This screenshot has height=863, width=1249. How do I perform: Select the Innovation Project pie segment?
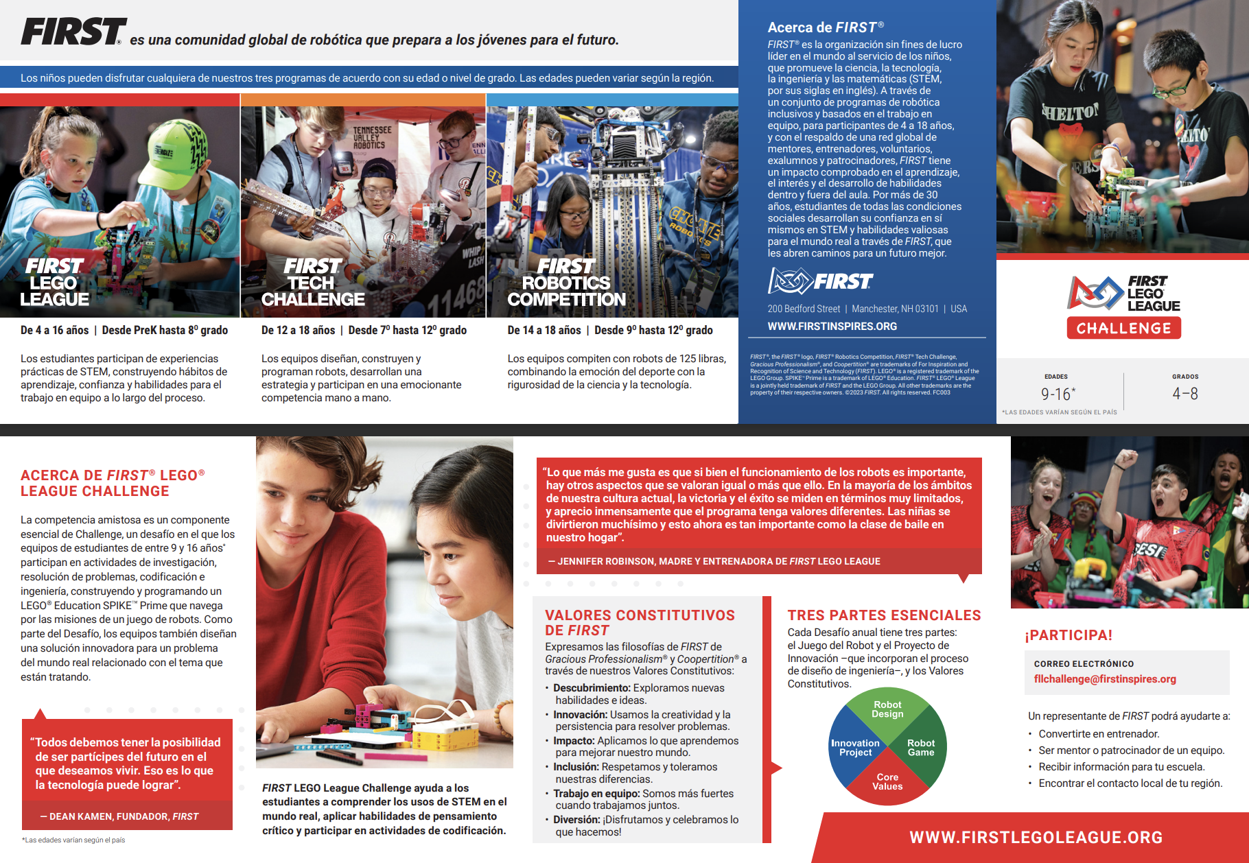pos(855,748)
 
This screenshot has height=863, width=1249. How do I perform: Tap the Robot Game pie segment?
pos(921,748)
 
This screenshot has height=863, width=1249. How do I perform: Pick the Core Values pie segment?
pos(887,782)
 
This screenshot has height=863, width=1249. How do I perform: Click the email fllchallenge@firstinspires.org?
pos(1105,679)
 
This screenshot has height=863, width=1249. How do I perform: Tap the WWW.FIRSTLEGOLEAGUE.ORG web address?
pos(1036,838)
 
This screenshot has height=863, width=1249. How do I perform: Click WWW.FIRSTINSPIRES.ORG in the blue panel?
pos(832,327)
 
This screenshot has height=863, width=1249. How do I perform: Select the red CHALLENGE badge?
pos(1123,329)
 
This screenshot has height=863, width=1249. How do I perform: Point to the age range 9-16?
pos(1057,394)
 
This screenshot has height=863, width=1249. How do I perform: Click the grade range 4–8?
pos(1185,394)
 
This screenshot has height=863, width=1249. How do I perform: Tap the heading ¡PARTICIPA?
pos(1069,635)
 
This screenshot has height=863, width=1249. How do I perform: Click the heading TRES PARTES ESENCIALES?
pos(884,615)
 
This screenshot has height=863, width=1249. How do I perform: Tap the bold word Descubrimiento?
pos(592,688)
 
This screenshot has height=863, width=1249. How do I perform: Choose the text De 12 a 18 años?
pos(298,331)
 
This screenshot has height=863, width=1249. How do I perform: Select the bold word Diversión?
pos(576,820)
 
